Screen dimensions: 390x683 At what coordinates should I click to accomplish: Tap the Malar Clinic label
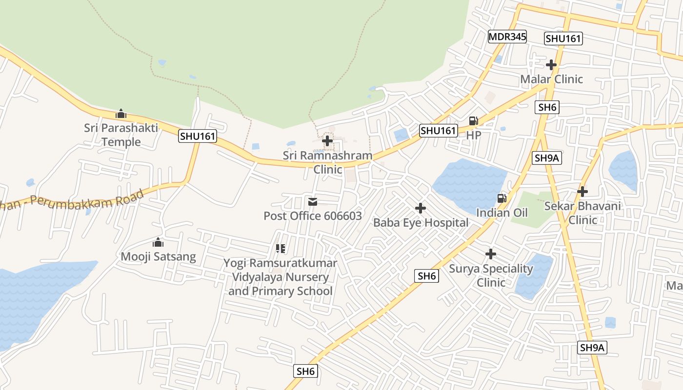551,79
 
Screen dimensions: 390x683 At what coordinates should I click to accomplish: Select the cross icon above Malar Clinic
551,64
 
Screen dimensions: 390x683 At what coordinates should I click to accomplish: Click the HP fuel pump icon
473,121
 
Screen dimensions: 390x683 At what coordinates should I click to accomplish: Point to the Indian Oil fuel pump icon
502,198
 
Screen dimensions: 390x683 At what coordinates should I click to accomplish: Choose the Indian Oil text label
502,213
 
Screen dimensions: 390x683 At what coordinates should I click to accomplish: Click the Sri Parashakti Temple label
121,135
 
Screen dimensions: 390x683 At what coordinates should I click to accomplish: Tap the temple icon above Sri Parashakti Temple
121,114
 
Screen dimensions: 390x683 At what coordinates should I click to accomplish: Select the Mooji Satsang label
158,256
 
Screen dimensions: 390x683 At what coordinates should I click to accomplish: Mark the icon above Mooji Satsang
158,242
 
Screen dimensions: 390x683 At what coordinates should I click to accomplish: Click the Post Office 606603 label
313,215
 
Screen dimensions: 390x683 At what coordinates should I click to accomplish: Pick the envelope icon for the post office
313,201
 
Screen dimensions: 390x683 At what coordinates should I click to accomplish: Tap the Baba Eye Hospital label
421,223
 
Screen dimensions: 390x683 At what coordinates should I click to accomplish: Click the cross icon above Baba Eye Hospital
421,209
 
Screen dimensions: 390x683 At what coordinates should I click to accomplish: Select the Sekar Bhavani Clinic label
583,213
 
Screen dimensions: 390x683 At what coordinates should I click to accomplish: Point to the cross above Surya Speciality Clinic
491,254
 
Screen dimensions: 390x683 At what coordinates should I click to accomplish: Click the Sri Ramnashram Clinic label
327,162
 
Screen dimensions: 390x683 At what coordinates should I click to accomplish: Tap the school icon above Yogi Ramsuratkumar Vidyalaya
281,249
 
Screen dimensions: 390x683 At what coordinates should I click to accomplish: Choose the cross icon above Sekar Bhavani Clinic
583,192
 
